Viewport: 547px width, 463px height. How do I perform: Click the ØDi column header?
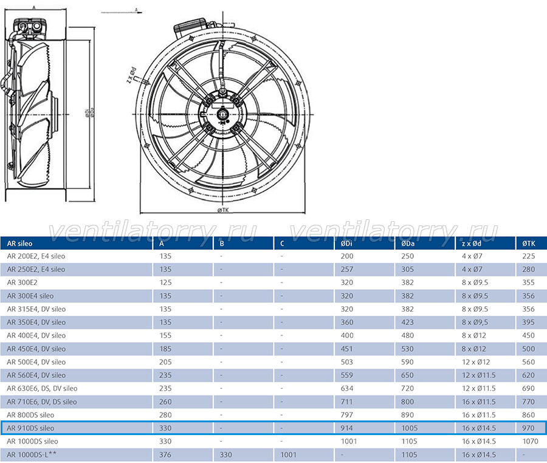pos(346,244)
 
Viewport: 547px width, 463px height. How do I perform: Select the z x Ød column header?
pos(471,244)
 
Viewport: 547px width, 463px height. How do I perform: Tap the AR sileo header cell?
pos(19,244)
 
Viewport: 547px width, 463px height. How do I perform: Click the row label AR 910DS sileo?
pos(30,428)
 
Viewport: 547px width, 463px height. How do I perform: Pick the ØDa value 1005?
pos(409,428)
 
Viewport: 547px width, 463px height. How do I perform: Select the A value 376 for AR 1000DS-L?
pos(165,454)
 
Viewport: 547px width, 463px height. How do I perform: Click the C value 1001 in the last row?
pos(288,454)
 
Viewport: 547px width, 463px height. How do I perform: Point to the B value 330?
pos(225,454)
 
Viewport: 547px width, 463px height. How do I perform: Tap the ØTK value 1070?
pos(530,441)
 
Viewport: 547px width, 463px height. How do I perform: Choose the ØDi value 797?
pos(347,415)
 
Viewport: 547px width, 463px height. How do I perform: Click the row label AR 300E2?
pos(22,283)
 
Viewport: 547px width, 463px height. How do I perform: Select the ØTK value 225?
pos(529,256)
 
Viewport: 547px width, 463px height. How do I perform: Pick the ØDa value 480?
pos(407,335)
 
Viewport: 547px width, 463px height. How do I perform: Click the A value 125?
pos(165,283)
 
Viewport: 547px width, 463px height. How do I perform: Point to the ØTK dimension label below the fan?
pos(223,210)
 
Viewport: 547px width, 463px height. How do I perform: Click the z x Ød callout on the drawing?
pos(131,75)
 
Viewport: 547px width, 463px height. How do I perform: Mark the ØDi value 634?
pos(347,388)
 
